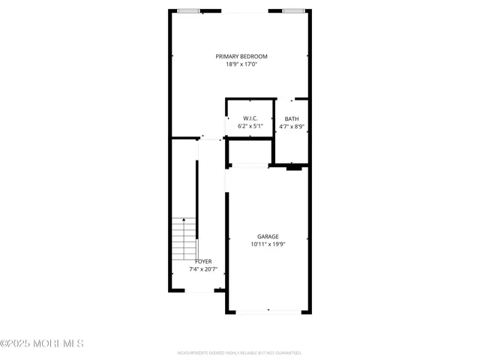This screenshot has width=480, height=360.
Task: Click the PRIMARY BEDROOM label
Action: pos(241,56)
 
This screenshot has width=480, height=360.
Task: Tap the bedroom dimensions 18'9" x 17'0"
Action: pos(241,64)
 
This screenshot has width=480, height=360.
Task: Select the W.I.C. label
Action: pos(250,118)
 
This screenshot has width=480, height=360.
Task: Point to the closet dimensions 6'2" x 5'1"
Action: pos(250,126)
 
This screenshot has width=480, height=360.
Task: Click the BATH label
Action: pos(291,118)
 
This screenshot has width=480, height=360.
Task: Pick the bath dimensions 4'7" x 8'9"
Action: pos(291,126)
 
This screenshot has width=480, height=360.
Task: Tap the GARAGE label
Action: pos(268,236)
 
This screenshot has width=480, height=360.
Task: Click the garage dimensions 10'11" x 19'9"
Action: pos(268,244)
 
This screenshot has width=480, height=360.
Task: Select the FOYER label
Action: pos(203,261)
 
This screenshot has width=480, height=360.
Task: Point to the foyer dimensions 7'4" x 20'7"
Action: pos(202,268)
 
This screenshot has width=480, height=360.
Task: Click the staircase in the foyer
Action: pos(184,238)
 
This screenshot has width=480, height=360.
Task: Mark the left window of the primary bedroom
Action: pos(188,10)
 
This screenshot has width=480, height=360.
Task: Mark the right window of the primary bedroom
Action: pos(294,10)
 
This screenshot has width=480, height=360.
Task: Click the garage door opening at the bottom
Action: pos(269,311)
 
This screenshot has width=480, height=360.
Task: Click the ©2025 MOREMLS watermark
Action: pos(42,343)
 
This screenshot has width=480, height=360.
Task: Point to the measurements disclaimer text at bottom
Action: pos(239,352)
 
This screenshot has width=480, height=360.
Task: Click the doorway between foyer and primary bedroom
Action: pos(211,138)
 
